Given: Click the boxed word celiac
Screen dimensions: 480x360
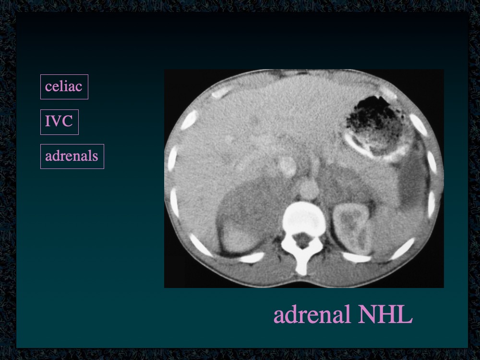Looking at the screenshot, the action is [64, 86].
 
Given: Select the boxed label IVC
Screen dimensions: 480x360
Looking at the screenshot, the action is [59, 121].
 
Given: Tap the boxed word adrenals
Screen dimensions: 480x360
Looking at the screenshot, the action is [72, 156].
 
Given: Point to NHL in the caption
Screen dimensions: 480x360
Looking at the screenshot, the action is [385, 314].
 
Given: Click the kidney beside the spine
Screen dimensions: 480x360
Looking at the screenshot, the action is [351, 226].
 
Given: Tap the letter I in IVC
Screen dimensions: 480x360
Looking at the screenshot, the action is [48, 121].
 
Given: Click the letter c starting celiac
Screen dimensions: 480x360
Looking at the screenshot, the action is [48, 88].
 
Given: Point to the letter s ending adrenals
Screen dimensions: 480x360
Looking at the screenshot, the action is [95, 157].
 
